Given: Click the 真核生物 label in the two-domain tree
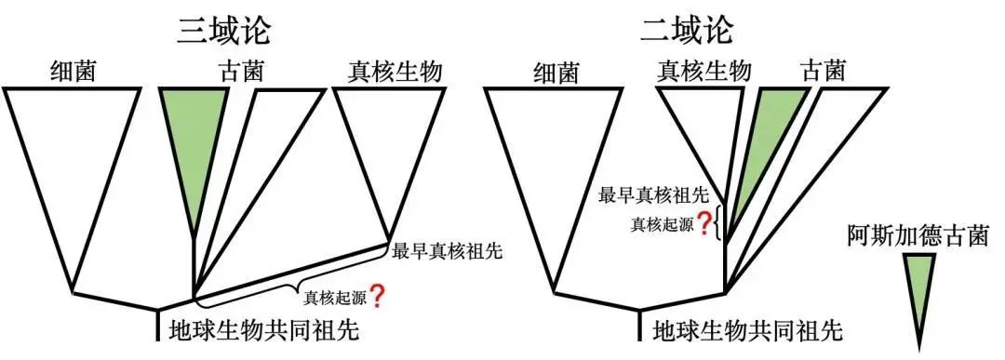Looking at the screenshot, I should [x=703, y=71].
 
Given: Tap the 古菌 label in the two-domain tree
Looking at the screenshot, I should [x=823, y=71].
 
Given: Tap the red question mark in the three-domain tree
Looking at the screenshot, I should [x=378, y=297].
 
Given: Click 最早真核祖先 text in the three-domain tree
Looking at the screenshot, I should [x=447, y=251].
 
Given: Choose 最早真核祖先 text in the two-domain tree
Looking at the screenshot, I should [x=653, y=196].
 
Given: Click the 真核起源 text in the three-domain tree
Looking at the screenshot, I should [x=335, y=299].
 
